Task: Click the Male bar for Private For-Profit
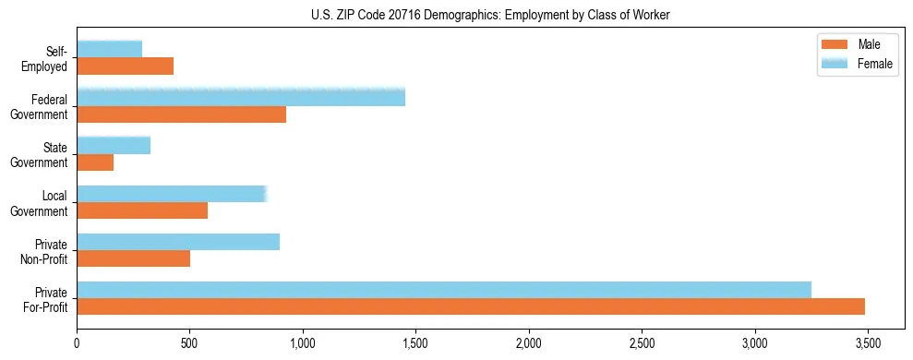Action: click(x=471, y=306)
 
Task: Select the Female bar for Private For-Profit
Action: click(x=444, y=290)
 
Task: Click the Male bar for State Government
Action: click(x=95, y=162)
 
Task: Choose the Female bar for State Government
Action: click(x=114, y=146)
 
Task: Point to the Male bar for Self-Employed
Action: click(x=125, y=66)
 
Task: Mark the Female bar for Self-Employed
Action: click(x=109, y=50)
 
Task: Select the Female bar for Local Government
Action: click(x=172, y=194)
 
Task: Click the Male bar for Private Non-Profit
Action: click(x=133, y=258)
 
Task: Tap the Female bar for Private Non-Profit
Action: click(x=178, y=242)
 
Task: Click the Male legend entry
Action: click(x=856, y=45)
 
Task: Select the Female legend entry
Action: click(x=856, y=63)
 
